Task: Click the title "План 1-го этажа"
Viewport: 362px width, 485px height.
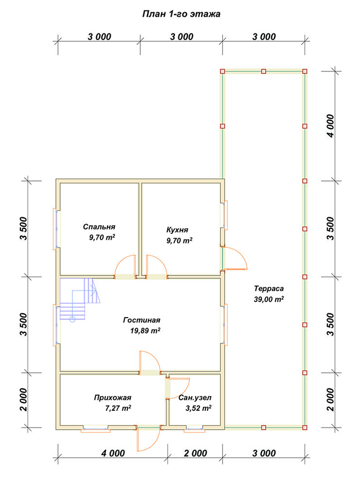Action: click(x=181, y=14)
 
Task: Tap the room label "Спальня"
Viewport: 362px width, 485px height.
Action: click(x=99, y=226)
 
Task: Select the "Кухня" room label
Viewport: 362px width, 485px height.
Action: click(x=177, y=230)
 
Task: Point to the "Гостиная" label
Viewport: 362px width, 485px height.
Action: click(x=142, y=320)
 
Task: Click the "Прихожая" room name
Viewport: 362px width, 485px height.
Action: click(x=113, y=398)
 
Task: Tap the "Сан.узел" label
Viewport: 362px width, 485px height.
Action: click(x=195, y=398)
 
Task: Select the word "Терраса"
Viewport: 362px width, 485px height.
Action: click(x=269, y=289)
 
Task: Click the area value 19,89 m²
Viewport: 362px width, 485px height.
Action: click(x=145, y=331)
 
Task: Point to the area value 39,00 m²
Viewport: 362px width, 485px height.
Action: click(x=269, y=299)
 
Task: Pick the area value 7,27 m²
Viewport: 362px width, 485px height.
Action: click(x=118, y=408)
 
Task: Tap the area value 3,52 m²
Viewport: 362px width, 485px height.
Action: click(x=198, y=408)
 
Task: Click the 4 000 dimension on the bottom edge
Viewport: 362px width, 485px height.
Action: click(x=113, y=453)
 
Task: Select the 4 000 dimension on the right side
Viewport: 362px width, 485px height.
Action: click(x=330, y=126)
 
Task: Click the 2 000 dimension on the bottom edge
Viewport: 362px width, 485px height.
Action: click(x=195, y=453)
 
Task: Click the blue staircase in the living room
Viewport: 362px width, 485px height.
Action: click(x=80, y=299)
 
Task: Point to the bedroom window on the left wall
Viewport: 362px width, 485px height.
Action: click(x=56, y=228)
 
